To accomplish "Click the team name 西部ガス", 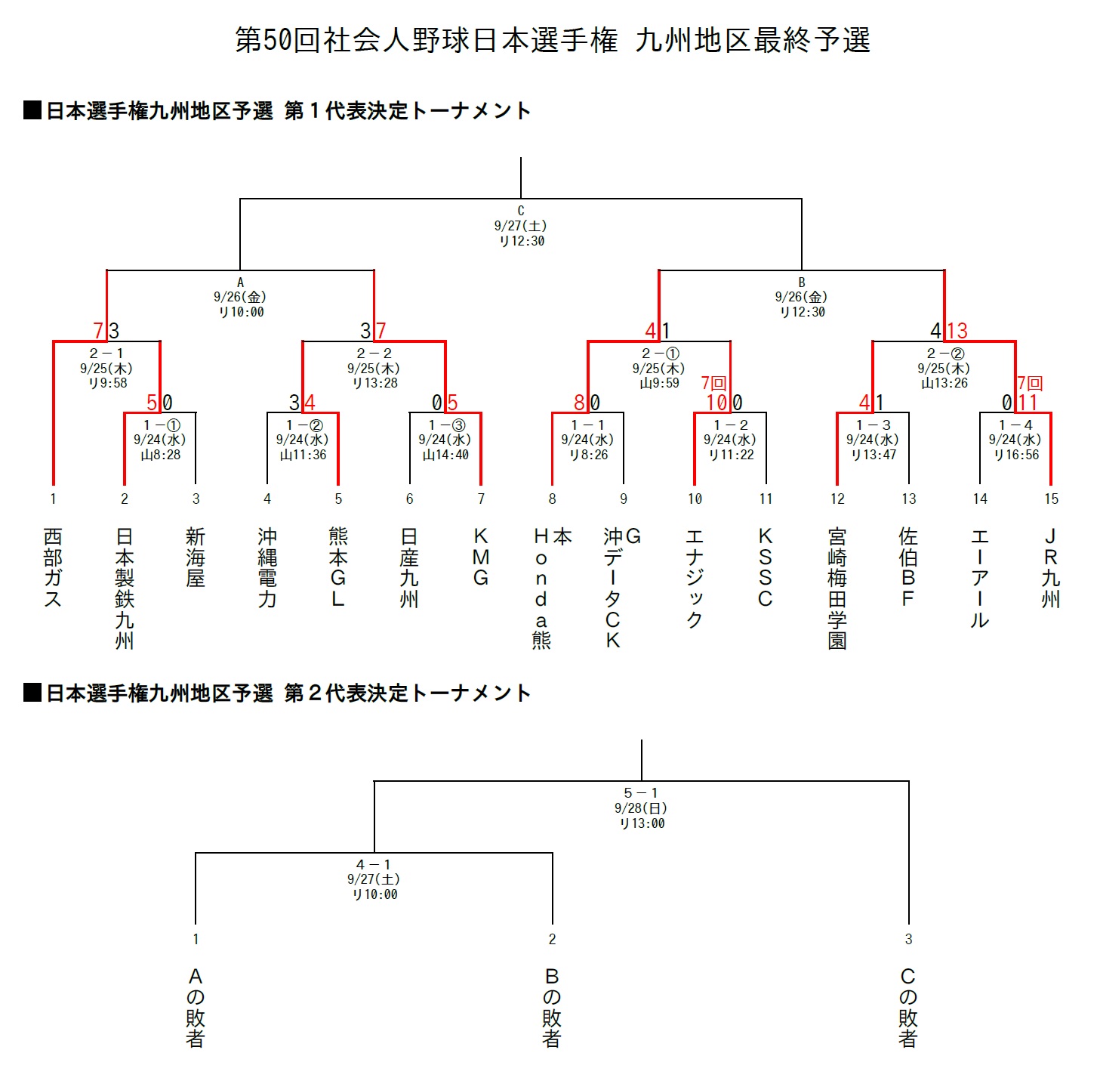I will click(53, 567).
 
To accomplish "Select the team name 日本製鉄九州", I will click(125, 588).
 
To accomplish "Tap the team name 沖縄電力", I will click(267, 567).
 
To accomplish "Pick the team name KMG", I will click(481, 557).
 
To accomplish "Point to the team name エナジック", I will click(695, 578).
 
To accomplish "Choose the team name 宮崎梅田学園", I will click(837, 588).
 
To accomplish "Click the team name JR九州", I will click(1051, 567).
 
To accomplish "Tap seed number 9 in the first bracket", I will click(624, 499).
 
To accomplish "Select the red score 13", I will click(957, 331).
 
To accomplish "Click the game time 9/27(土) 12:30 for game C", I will click(521, 233).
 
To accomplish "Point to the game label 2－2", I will click(374, 354).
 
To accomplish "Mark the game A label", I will click(240, 283).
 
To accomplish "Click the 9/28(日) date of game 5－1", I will click(641, 808).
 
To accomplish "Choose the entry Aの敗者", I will click(196, 1008).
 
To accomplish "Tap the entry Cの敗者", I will click(908, 1008).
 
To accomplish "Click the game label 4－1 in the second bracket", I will click(374, 865).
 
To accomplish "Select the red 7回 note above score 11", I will click(1030, 383).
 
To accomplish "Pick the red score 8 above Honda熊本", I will click(579, 403).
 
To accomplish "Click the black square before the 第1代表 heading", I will click(32, 110).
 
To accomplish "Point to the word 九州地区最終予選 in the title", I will click(753, 40).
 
